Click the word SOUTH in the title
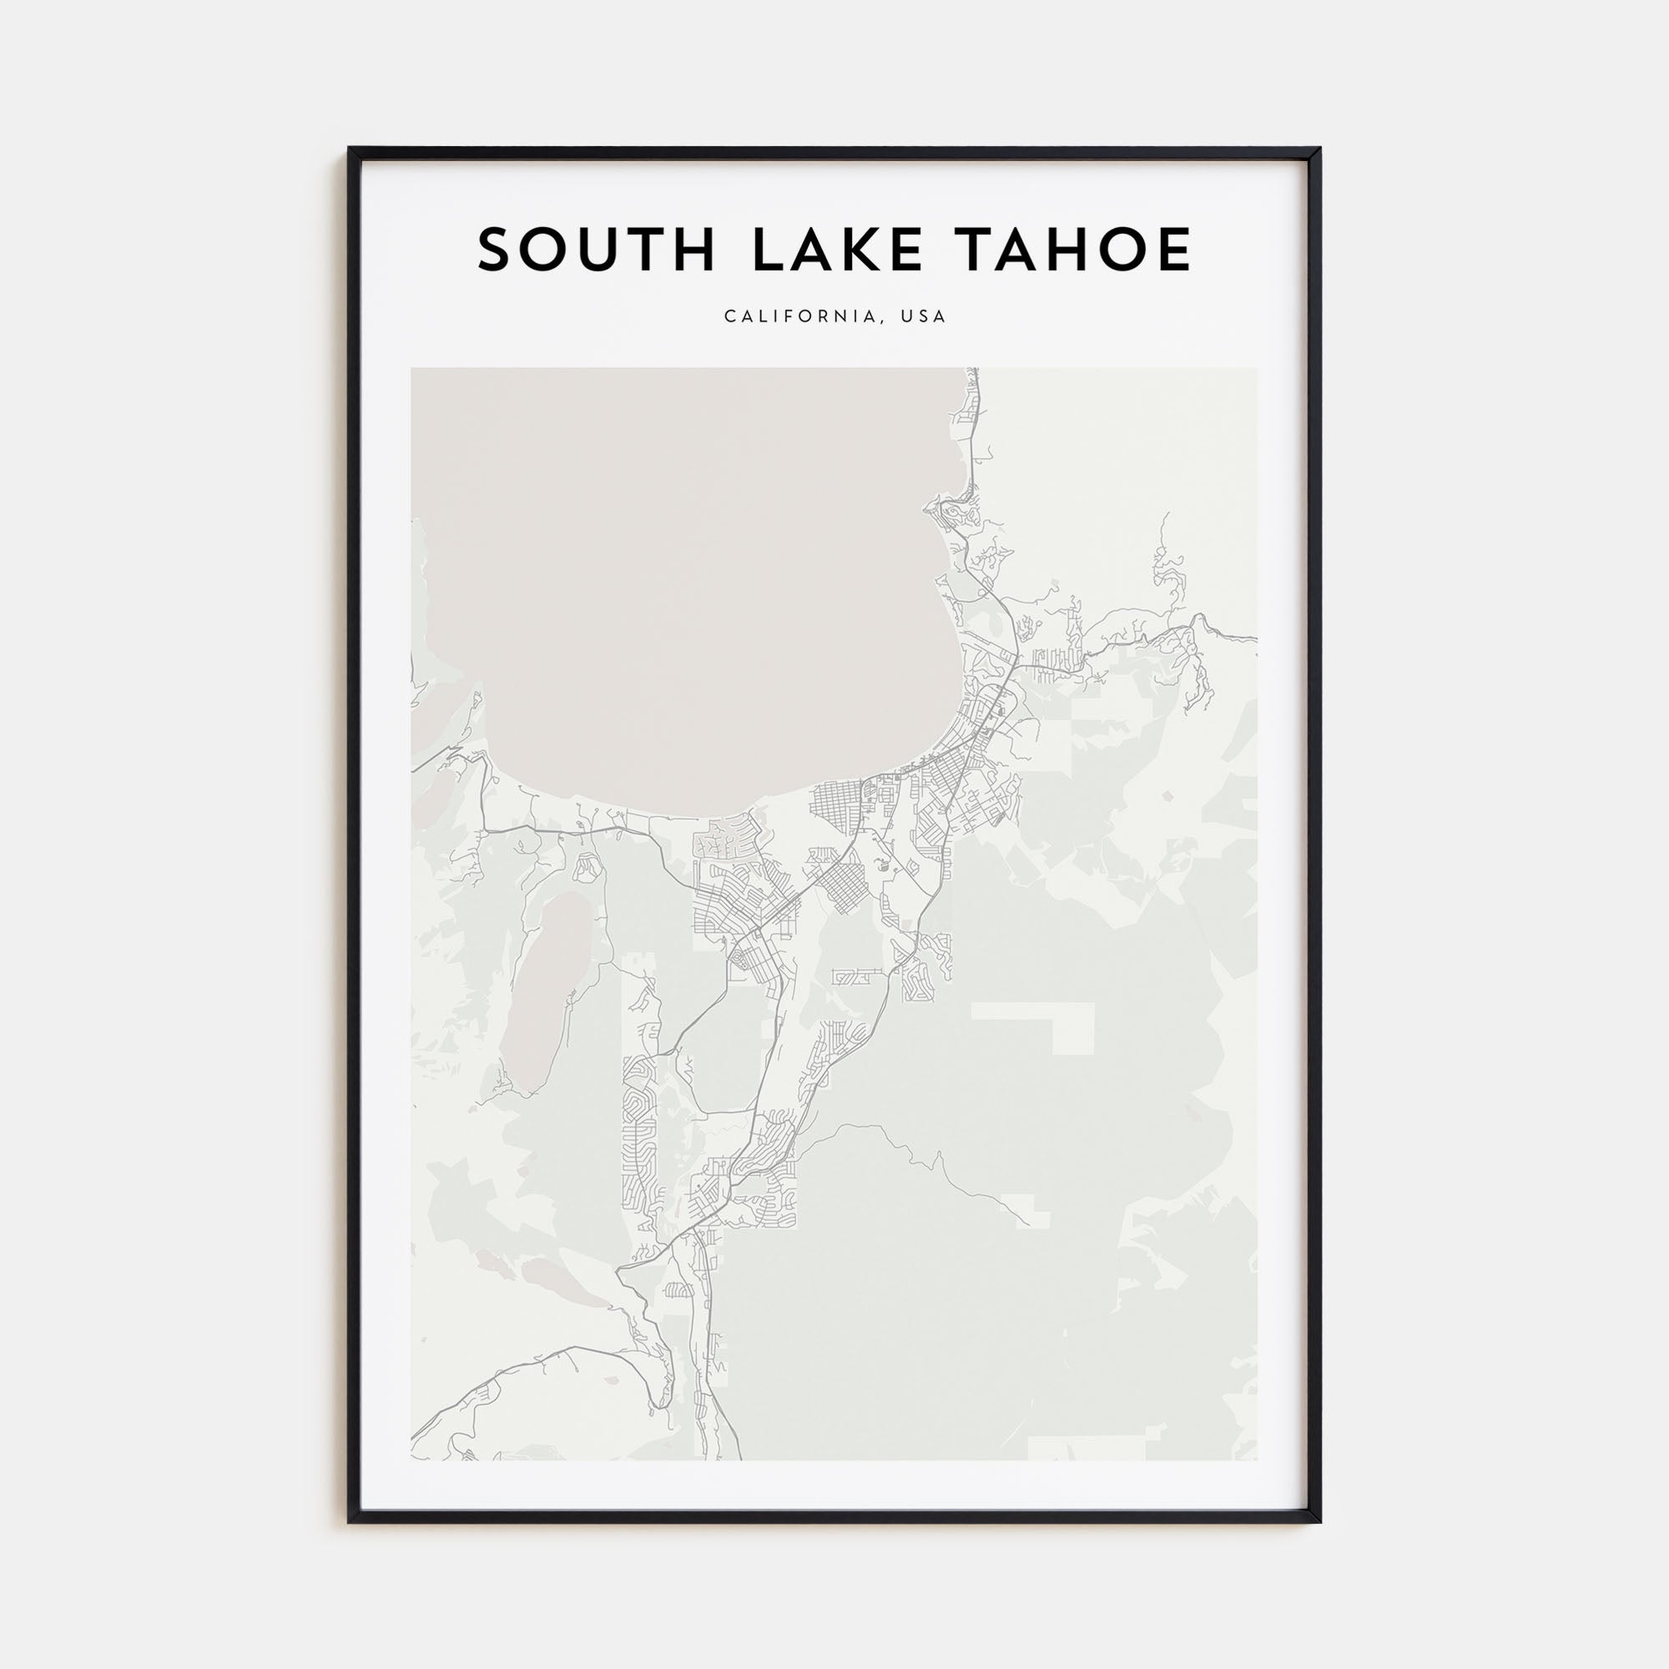click(596, 250)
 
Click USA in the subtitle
click(924, 316)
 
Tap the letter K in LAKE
click(866, 250)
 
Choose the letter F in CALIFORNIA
click(796, 316)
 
